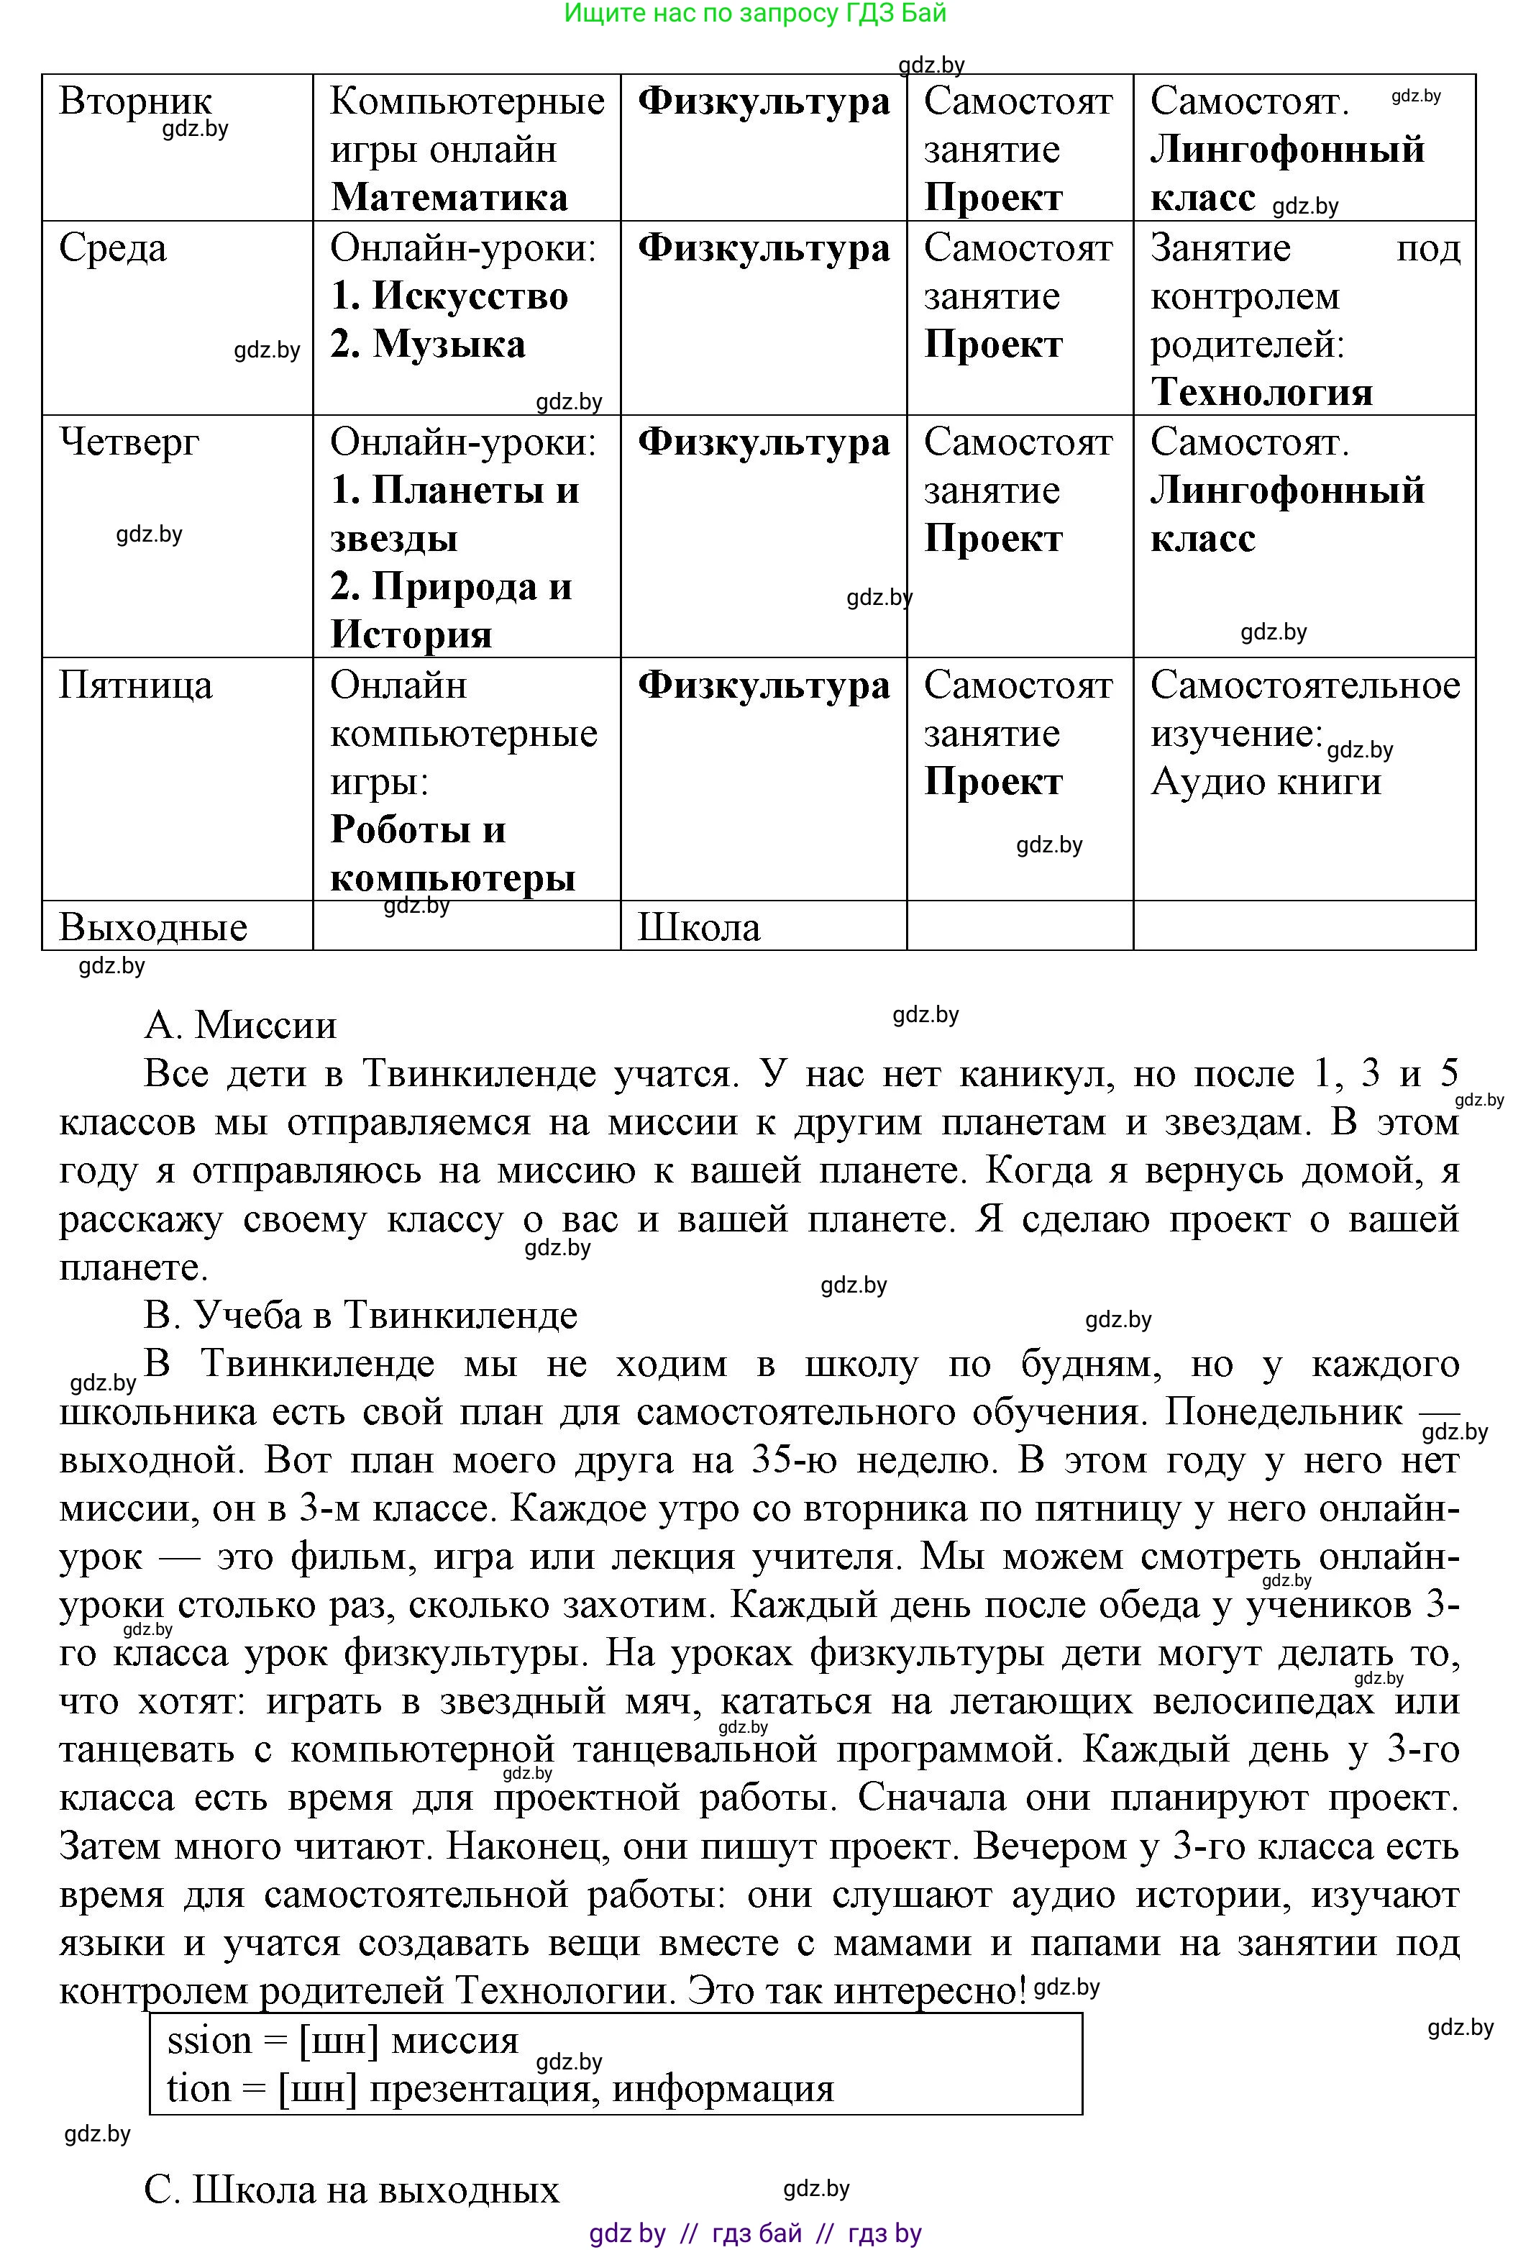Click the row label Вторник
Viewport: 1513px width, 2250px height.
[135, 101]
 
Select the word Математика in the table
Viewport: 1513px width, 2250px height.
[449, 198]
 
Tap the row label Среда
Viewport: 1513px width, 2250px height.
[112, 248]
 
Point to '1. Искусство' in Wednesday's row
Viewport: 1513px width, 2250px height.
[449, 296]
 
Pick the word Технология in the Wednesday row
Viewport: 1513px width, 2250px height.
[1261, 393]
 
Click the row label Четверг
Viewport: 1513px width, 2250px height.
[129, 443]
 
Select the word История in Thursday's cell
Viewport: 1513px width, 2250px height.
[411, 635]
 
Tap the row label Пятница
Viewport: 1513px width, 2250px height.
[135, 686]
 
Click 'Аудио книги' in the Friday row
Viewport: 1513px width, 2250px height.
[1265, 782]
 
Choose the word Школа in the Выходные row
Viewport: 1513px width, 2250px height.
[698, 928]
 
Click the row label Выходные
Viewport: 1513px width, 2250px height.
[152, 928]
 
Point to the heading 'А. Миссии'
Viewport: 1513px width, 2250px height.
[240, 1025]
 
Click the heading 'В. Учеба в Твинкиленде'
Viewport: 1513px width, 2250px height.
[360, 1315]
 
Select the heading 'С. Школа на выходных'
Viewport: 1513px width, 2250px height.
[351, 2189]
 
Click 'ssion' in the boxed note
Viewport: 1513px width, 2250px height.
[209, 2039]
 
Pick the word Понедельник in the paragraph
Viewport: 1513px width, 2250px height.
[1284, 1412]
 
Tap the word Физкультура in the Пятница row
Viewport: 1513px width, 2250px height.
[763, 686]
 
